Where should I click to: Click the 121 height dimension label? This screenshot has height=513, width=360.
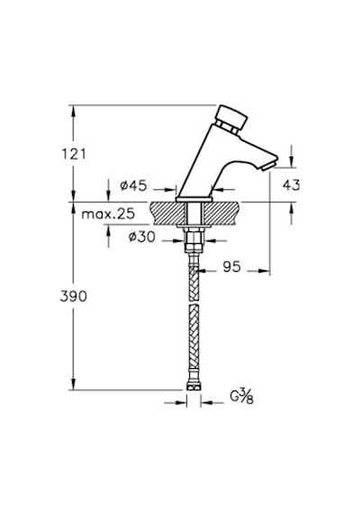[74, 154]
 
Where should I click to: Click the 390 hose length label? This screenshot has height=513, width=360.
[74, 296]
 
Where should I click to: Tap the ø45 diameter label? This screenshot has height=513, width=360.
[133, 185]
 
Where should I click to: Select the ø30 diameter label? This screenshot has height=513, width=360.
[141, 237]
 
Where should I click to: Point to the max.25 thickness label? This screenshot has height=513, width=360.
[108, 214]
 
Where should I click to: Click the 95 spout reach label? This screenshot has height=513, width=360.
[231, 267]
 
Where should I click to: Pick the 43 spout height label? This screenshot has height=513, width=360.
[291, 185]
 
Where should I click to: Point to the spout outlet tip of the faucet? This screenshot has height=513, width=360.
[269, 166]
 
